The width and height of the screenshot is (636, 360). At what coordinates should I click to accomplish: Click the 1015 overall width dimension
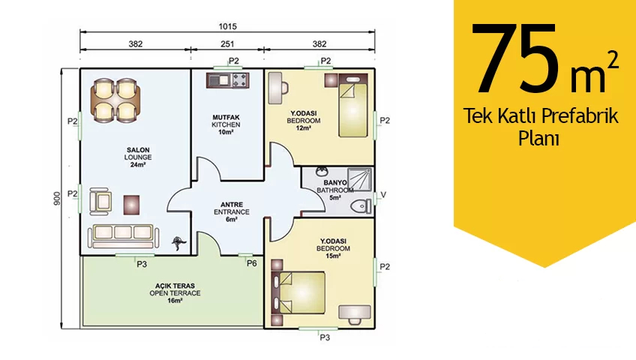coord(227,27)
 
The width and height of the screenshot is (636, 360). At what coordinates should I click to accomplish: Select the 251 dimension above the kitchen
coord(227,43)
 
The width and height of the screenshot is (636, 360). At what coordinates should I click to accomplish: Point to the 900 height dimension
coord(57,198)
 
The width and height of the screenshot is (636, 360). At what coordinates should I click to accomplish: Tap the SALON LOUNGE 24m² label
coord(138,157)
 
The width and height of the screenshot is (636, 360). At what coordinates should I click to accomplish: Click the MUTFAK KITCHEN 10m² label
coord(226,124)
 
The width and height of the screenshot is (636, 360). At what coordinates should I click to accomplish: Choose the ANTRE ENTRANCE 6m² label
coord(232,212)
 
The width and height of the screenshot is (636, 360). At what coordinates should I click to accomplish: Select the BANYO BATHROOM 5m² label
coord(335,190)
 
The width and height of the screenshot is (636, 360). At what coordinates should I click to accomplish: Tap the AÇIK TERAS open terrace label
coord(175,293)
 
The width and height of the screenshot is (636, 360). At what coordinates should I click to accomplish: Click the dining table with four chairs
coord(115,100)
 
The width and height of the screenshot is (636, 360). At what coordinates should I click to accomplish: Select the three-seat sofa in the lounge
coord(123,236)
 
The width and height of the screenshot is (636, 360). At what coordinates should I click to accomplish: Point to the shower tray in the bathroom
coord(358,179)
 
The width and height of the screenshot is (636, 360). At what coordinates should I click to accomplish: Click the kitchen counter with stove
coord(227,80)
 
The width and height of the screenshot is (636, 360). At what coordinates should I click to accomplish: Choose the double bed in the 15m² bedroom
coord(299,292)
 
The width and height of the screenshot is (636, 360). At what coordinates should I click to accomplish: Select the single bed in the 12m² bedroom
coord(352,106)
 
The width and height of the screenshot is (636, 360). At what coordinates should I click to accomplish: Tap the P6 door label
coord(252,263)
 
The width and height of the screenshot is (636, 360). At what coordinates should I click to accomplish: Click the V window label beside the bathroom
coord(383,195)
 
